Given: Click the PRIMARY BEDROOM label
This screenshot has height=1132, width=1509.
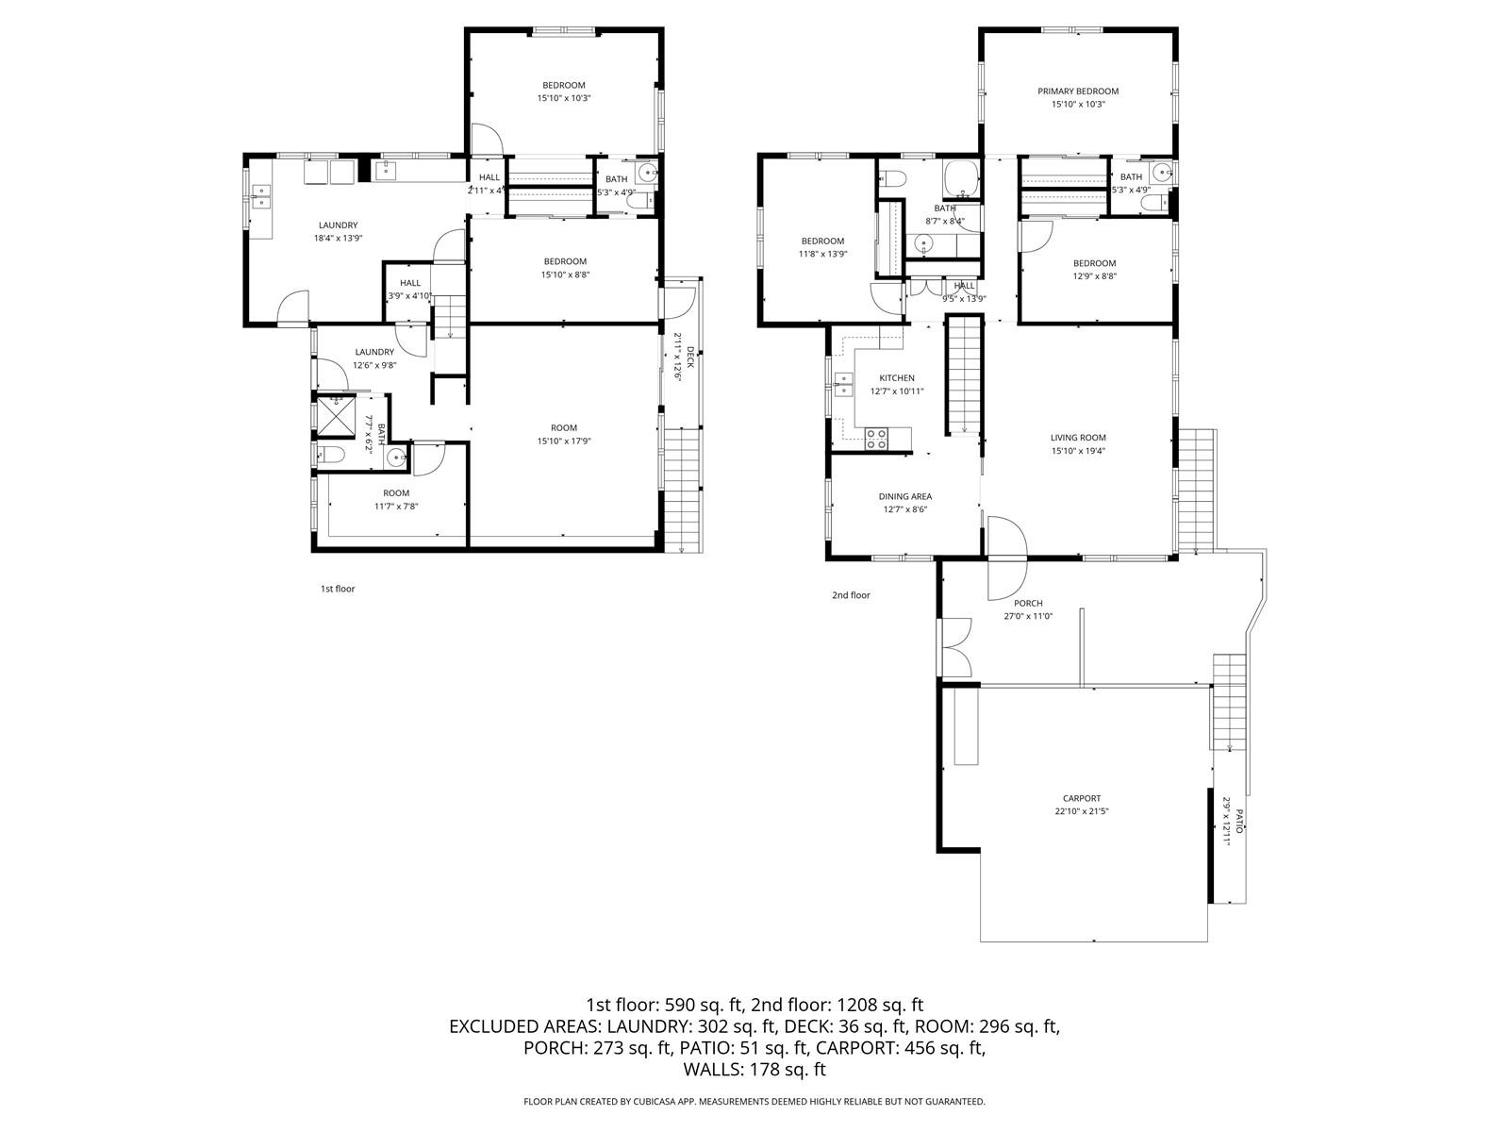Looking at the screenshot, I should [1078, 92].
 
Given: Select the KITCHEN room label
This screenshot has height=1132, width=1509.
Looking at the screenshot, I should [897, 378].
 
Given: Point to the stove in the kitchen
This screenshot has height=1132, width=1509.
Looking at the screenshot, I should [876, 437].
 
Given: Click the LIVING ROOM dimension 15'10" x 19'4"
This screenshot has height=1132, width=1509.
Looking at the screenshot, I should [1078, 451].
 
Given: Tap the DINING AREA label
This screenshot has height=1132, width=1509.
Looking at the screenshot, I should [905, 496].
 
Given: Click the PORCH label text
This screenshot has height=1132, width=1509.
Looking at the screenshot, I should [1028, 603].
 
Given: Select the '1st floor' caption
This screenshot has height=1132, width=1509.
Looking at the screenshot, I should [338, 589].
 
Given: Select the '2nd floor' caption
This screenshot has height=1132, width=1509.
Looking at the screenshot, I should [851, 595].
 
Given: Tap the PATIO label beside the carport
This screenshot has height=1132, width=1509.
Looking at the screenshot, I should [1239, 821].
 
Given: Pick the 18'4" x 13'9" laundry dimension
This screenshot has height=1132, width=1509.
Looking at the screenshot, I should [338, 239].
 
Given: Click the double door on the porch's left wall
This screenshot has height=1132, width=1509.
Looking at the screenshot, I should [954, 646].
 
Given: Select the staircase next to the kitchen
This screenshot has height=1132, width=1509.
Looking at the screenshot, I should [964, 375].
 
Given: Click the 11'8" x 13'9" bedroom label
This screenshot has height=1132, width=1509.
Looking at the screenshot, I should [822, 254].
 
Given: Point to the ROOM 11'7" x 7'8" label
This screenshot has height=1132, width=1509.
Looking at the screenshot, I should [396, 500].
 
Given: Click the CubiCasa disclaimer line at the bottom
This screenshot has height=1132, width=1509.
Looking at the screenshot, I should [754, 1101].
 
